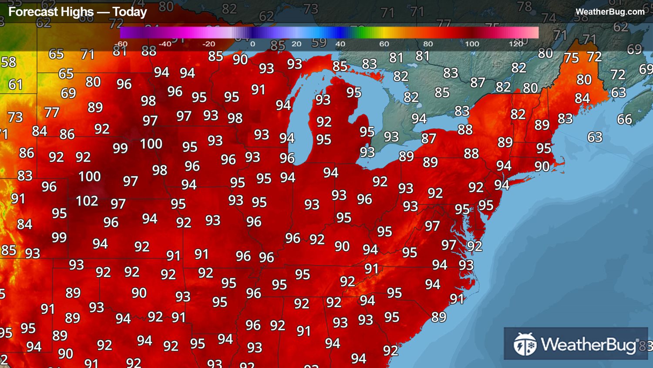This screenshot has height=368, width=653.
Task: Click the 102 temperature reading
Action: (x=87, y=201)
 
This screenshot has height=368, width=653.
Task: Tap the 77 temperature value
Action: (x=52, y=113)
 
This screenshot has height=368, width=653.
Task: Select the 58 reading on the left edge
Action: (x=8, y=62)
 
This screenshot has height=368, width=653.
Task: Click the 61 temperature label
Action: (x=15, y=85)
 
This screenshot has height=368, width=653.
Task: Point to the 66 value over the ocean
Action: (x=624, y=119)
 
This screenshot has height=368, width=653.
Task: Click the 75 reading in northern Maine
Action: (x=571, y=58)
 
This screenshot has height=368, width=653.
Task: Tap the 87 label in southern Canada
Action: (x=478, y=83)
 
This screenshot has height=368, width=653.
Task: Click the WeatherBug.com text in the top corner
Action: (x=609, y=12)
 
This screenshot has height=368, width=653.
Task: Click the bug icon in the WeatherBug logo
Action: (x=525, y=344)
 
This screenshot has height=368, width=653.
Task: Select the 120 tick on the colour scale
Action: (x=516, y=44)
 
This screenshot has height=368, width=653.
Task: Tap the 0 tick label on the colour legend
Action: (x=252, y=44)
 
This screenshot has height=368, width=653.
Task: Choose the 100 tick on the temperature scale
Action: (x=472, y=44)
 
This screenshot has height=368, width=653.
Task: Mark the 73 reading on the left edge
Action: (x=15, y=117)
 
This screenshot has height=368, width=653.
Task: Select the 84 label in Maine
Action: (x=582, y=99)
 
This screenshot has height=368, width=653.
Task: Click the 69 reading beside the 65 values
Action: (x=68, y=93)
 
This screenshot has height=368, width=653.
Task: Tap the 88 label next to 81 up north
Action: (x=149, y=51)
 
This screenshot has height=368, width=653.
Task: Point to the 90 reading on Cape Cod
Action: (x=542, y=167)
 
